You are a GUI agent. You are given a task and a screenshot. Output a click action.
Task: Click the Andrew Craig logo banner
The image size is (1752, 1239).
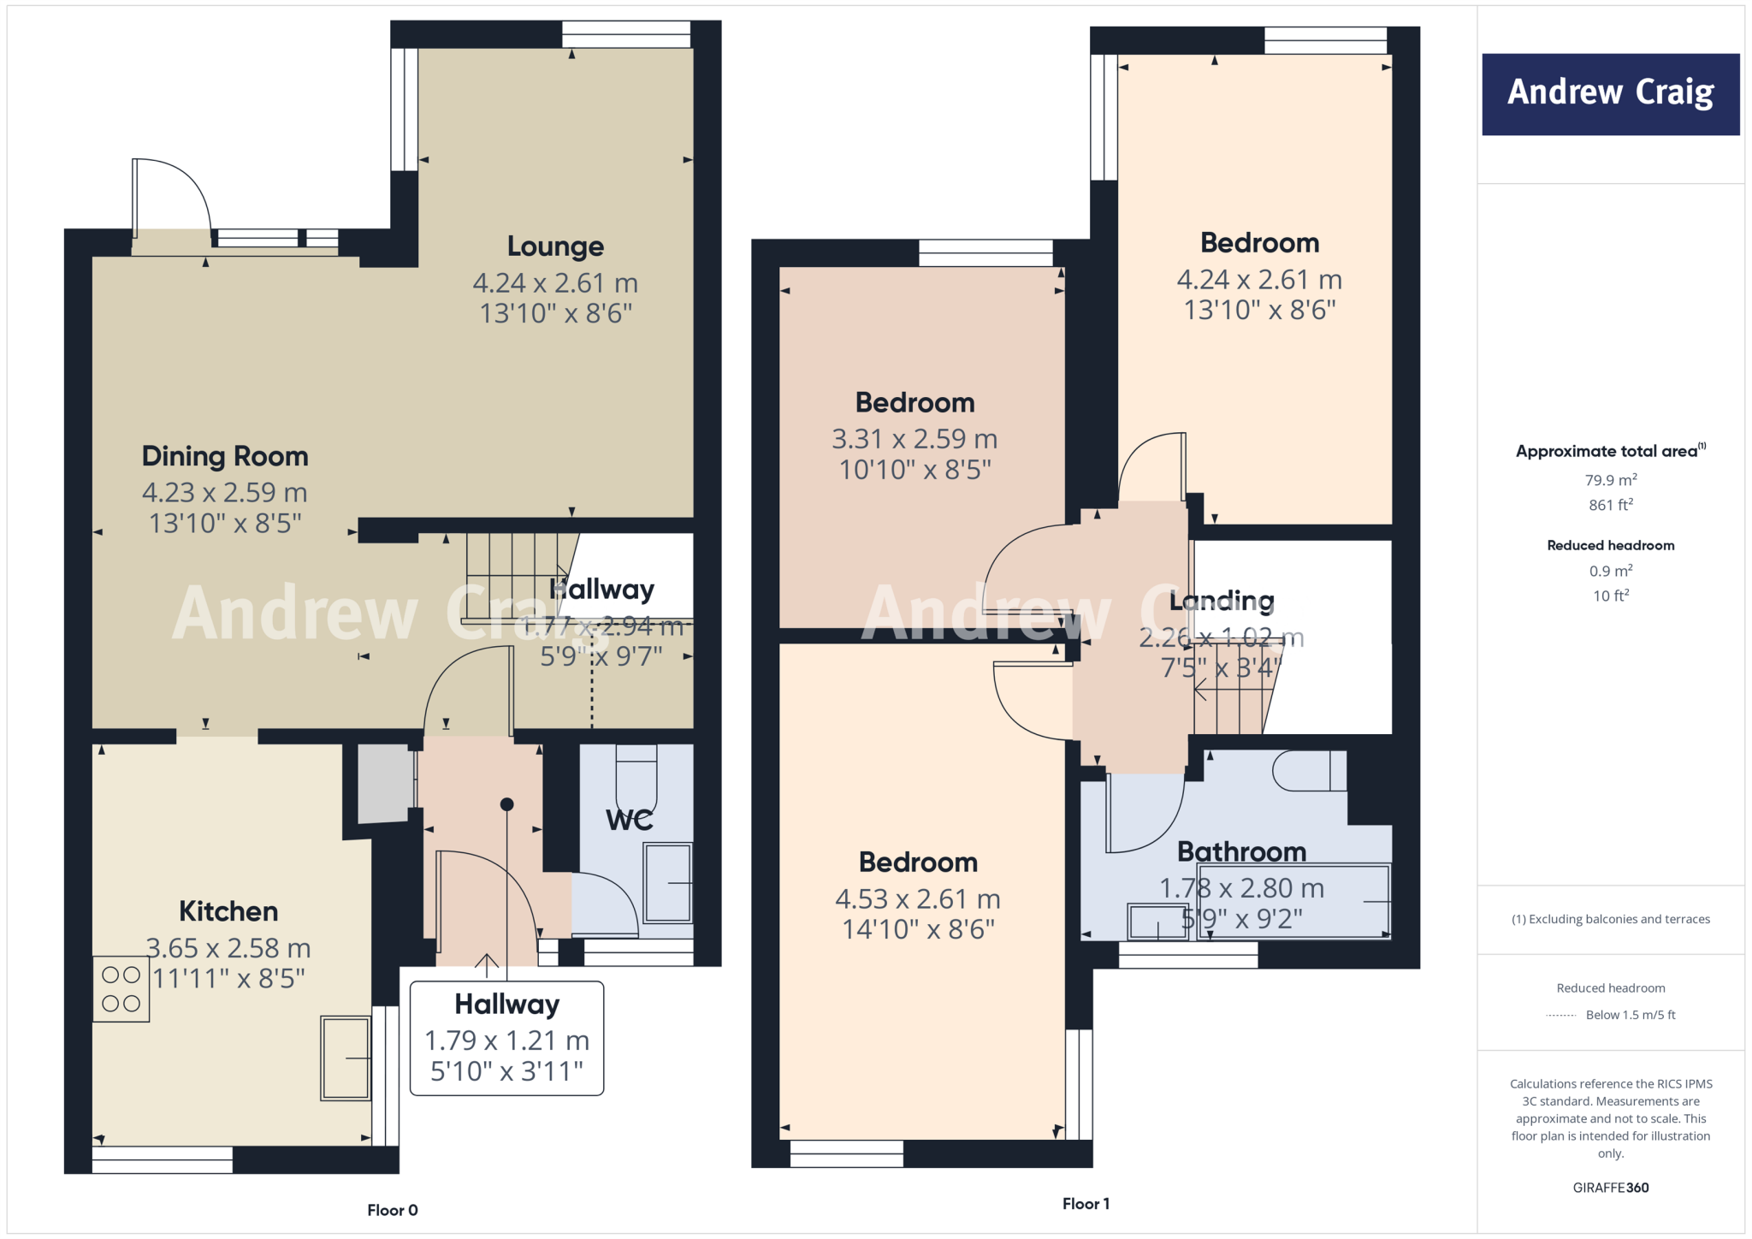1610,94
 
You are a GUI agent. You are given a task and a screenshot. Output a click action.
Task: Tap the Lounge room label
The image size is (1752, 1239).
555,246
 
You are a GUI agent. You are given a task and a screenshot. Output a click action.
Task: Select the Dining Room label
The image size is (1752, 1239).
225,456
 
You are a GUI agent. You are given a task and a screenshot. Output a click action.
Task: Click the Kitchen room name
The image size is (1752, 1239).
228,911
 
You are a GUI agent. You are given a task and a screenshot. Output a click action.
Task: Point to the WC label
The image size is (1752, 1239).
630,820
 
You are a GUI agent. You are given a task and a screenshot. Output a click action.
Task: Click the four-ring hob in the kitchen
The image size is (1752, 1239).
121,989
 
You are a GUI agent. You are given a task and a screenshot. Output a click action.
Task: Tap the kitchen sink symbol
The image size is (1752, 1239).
346,1058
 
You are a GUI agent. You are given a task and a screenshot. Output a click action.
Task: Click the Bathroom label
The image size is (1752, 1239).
1241,851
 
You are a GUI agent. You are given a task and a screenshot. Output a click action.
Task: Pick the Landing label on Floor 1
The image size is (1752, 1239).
1222,601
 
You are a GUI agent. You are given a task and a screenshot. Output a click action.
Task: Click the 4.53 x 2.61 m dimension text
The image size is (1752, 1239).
918,899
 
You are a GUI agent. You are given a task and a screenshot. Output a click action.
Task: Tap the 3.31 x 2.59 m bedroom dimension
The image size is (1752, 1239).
914,439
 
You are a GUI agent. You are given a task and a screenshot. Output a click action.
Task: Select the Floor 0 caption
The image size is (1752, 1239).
393,1210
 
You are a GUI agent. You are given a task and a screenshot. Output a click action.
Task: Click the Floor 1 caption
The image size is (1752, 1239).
1086,1204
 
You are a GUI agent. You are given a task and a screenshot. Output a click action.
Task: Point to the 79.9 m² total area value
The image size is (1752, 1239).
1611,480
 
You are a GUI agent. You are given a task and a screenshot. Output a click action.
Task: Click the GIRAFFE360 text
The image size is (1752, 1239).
1611,1188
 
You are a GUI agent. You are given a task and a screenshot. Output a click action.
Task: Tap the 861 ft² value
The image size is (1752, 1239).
1611,505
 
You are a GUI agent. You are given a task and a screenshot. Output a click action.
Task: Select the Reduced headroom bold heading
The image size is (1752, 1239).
1611,545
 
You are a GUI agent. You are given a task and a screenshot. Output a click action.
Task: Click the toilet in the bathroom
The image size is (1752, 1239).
1309,770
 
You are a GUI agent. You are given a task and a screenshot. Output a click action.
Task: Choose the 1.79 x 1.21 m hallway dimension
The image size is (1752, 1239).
507,1040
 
